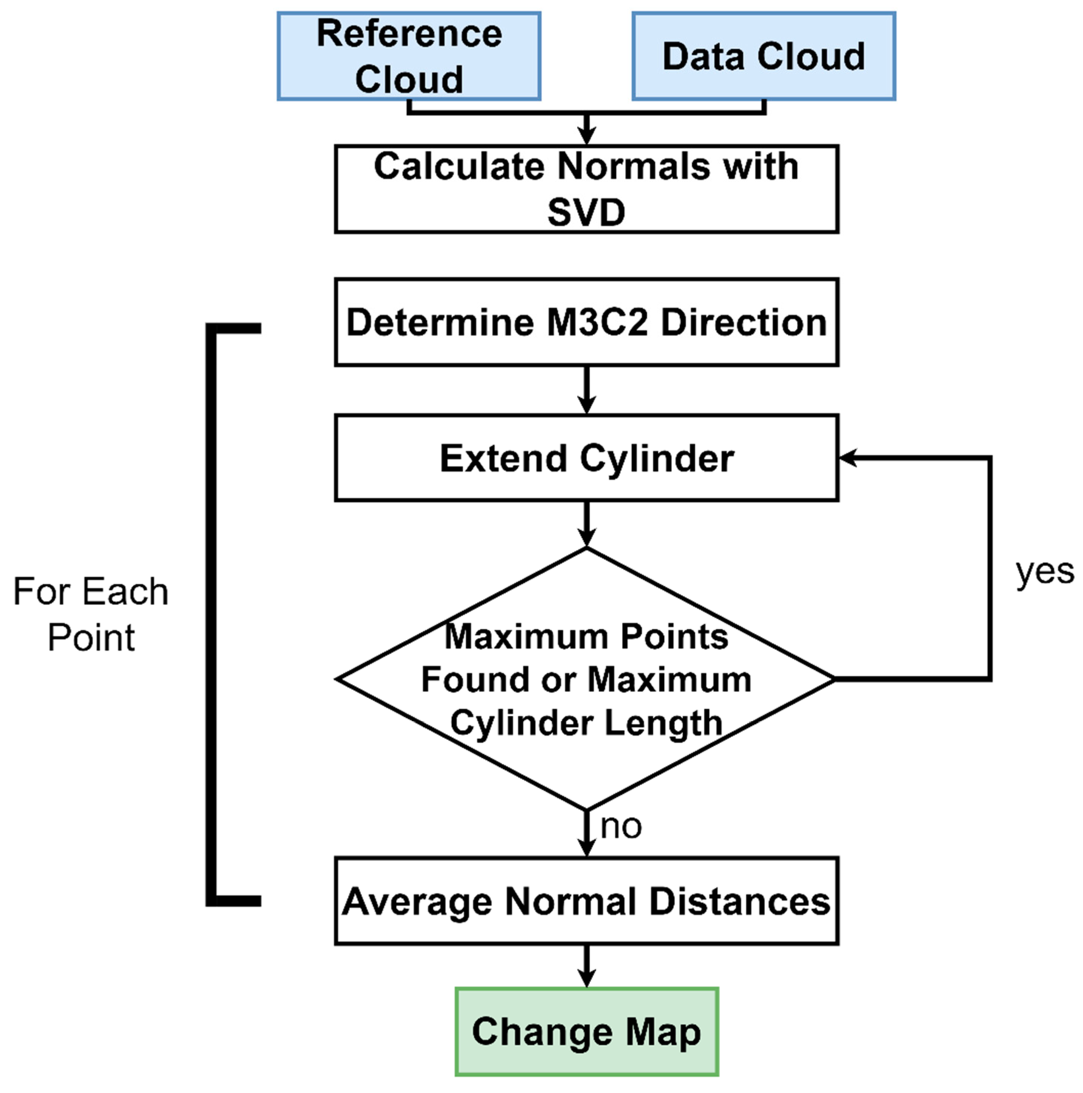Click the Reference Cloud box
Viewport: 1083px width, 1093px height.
click(409, 56)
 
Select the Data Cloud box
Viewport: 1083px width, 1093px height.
click(763, 56)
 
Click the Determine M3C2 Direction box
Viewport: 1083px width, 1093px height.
click(586, 322)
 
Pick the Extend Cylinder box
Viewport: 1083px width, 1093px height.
click(586, 458)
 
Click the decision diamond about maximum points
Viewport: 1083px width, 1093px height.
click(586, 679)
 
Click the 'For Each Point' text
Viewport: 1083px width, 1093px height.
click(90, 614)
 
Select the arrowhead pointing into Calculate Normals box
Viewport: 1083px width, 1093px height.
click(587, 136)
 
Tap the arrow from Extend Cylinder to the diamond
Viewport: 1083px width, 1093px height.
click(587, 523)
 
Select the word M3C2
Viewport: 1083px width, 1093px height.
click(597, 322)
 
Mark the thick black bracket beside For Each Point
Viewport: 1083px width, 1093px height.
click(212, 614)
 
